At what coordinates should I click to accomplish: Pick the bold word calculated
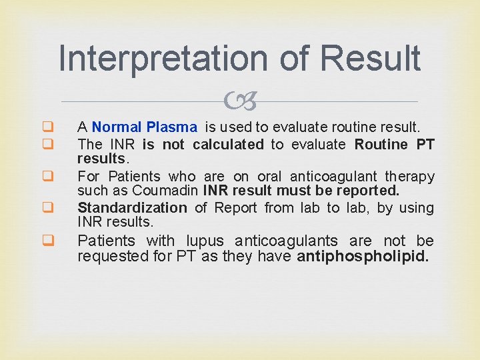[228, 144]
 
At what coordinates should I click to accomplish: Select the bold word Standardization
[133, 208]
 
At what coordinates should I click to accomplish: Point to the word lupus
[206, 241]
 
